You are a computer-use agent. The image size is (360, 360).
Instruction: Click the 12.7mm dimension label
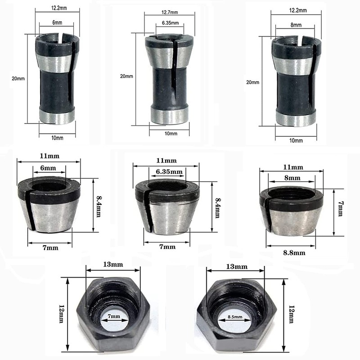170,12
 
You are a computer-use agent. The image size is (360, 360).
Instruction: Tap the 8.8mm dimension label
294,253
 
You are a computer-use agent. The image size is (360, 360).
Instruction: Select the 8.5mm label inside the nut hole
235,317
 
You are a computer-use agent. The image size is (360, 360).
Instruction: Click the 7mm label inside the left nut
114,316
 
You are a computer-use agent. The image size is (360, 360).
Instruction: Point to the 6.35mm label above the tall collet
170,23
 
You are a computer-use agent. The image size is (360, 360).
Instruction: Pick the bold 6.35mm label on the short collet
169,171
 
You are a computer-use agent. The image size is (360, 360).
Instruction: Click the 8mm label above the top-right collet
296,25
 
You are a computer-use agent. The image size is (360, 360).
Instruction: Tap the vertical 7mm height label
341,209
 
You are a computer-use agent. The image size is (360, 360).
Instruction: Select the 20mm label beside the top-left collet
18,78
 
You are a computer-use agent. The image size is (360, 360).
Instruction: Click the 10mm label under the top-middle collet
171,133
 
